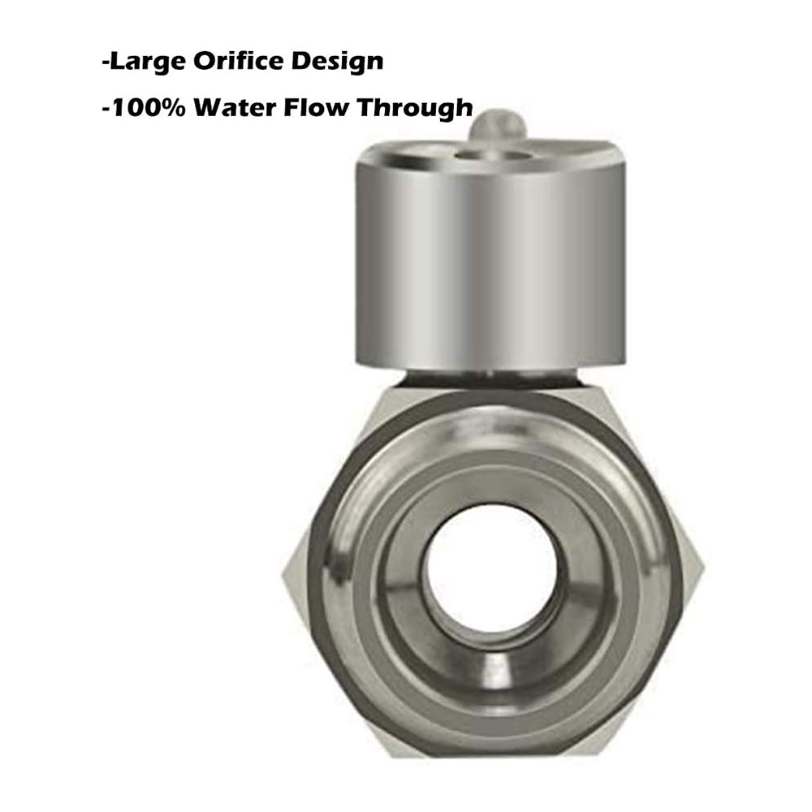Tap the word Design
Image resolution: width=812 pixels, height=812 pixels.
(340, 63)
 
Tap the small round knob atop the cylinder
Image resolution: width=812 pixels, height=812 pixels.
(495, 126)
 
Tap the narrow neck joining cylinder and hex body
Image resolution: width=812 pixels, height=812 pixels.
(490, 377)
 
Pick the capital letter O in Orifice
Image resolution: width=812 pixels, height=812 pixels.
(201, 61)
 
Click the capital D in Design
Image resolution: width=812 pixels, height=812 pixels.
(307, 61)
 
